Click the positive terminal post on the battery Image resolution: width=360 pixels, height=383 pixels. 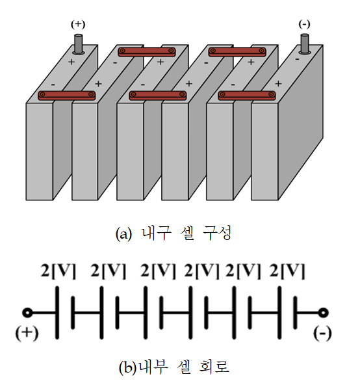click(x=79, y=44)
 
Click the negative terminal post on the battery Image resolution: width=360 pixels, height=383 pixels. click(x=304, y=44)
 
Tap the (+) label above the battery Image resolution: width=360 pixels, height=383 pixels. click(x=78, y=25)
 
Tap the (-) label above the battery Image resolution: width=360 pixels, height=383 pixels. click(x=304, y=25)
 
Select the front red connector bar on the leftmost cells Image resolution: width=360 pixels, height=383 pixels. click(x=67, y=95)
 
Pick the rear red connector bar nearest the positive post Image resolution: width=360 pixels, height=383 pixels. click(x=147, y=52)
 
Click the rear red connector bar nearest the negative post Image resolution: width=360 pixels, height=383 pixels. click(x=237, y=52)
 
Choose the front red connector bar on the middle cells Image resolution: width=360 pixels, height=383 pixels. click(x=158, y=95)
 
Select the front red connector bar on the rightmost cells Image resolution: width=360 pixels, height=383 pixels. click(x=247, y=95)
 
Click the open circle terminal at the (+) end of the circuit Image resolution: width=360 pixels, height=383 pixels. click(x=27, y=313)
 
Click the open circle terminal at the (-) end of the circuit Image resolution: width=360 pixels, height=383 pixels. click(x=324, y=313)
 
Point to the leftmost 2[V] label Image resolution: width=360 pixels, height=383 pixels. click(x=58, y=271)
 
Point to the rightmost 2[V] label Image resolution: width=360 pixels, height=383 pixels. click(x=287, y=271)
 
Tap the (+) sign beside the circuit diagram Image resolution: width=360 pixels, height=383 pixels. click(x=27, y=333)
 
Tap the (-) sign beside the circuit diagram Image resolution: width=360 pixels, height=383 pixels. click(x=322, y=333)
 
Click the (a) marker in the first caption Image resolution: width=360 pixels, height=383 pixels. click(x=123, y=234)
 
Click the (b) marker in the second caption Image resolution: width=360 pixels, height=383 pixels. click(x=127, y=367)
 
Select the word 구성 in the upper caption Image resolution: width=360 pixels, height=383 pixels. click(x=217, y=233)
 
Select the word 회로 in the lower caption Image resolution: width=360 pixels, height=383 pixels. click(x=214, y=366)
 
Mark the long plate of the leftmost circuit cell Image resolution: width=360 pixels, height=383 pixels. click(x=57, y=313)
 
